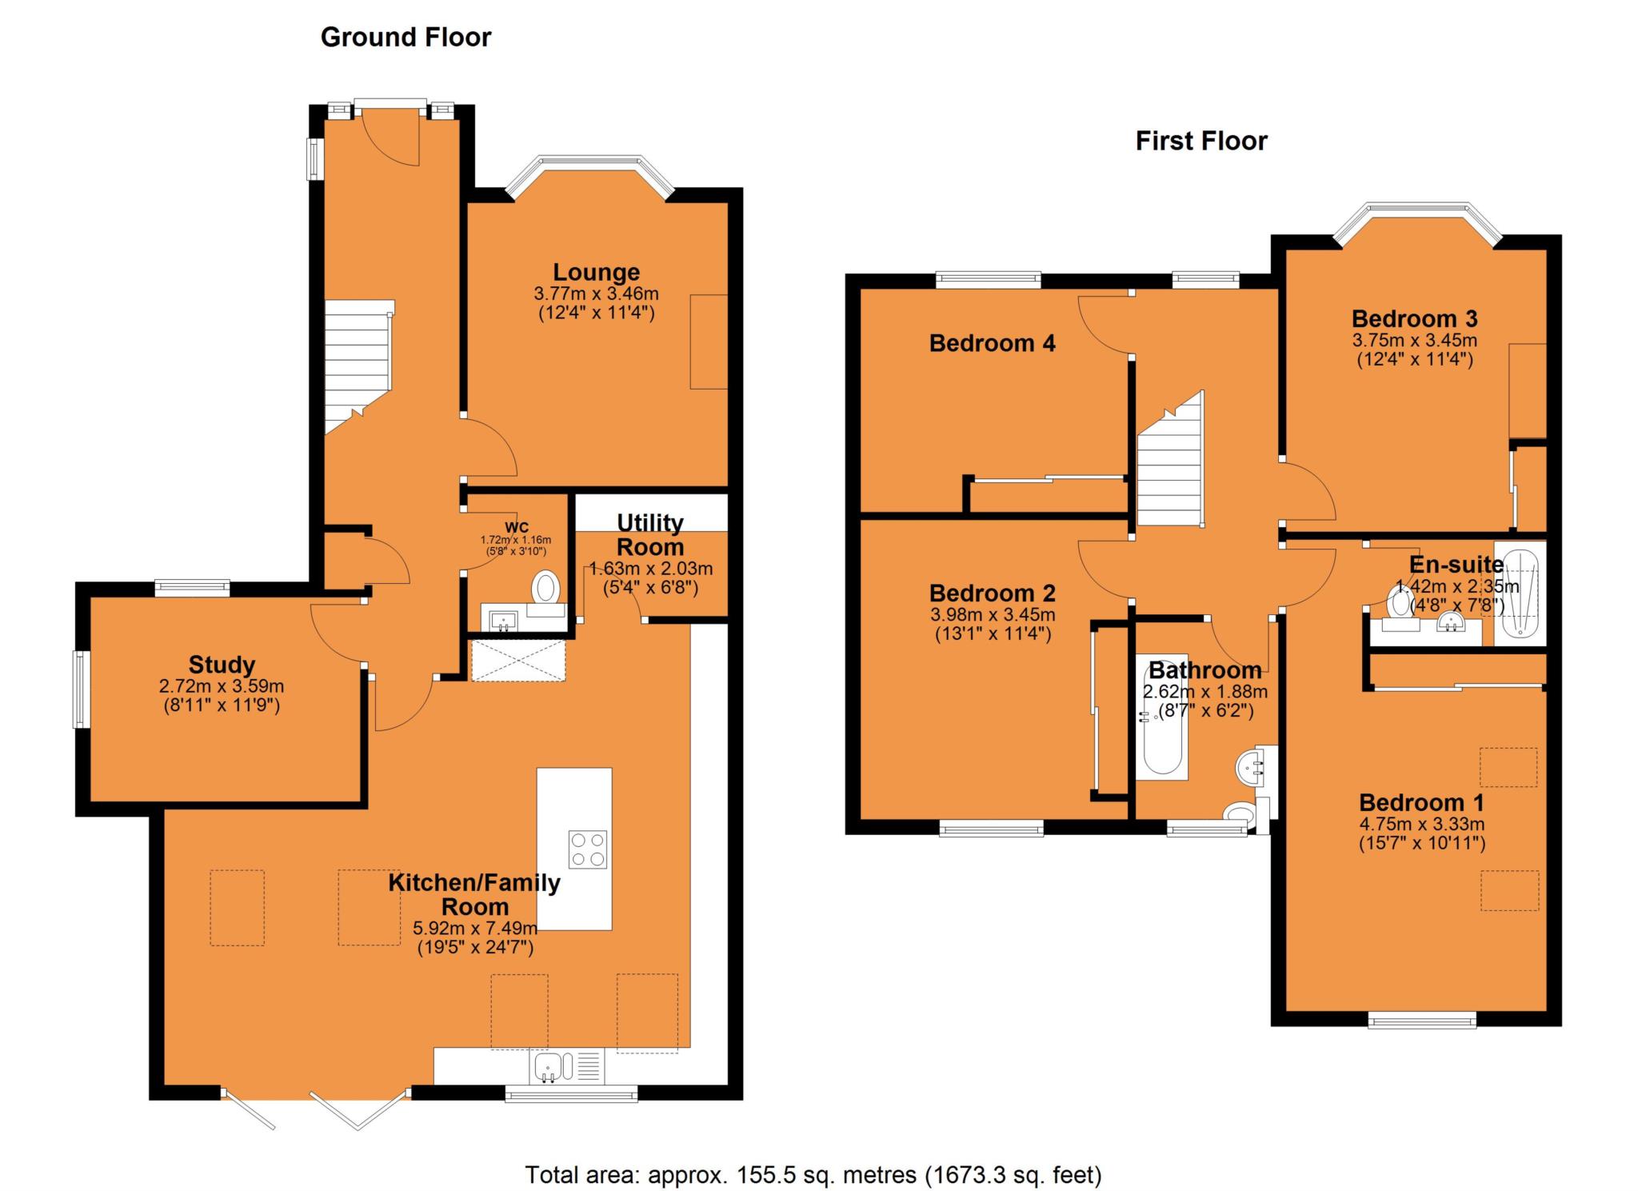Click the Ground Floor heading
pos(406,38)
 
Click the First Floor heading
pos(1201,142)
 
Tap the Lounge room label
pos(596,272)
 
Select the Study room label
pos(222,665)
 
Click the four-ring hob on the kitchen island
pos(588,849)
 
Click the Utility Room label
pos(650,535)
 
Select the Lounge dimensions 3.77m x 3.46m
pos(596,294)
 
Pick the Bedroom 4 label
pos(992,343)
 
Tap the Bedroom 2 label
pos(992,593)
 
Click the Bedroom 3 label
pos(1414,318)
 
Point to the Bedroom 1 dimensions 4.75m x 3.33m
pos(1422,824)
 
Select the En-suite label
pos(1456,565)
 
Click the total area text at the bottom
pos(813,1175)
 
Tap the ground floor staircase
pos(358,368)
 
